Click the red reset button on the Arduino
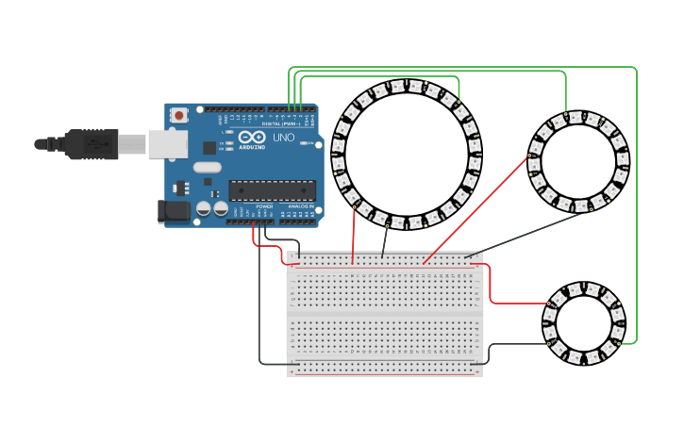click(x=179, y=115)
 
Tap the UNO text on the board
click(x=284, y=138)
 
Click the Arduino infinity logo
click(x=251, y=139)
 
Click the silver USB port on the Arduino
click(x=168, y=144)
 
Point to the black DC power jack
click(x=175, y=212)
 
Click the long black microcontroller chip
click(x=272, y=190)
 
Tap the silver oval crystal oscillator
click(x=208, y=168)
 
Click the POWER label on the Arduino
click(x=265, y=205)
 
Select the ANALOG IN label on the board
click(x=301, y=205)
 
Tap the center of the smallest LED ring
click(x=584, y=323)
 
